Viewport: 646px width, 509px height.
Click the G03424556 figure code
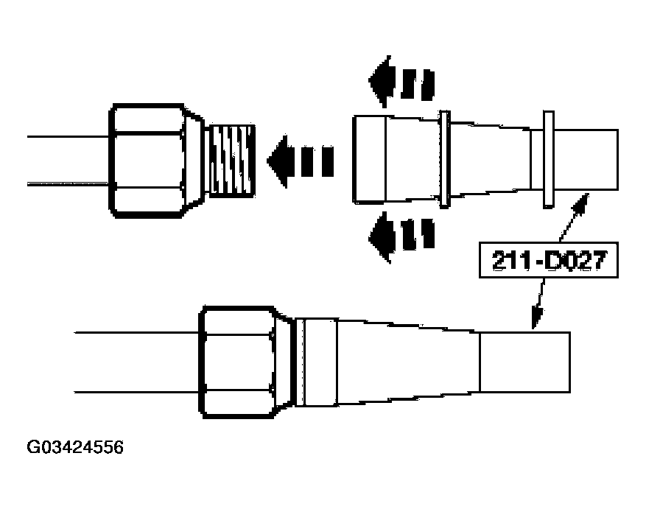click(x=76, y=447)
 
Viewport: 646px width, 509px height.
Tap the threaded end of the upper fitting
click(x=231, y=160)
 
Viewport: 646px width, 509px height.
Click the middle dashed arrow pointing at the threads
click(x=300, y=159)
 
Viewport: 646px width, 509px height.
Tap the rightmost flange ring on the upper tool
click(x=547, y=160)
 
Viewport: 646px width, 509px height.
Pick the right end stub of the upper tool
click(x=586, y=160)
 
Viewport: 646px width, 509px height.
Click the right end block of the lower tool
click(x=524, y=362)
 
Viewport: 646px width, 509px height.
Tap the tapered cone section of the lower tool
click(x=405, y=362)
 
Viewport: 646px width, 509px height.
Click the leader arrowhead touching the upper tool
click(x=582, y=200)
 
